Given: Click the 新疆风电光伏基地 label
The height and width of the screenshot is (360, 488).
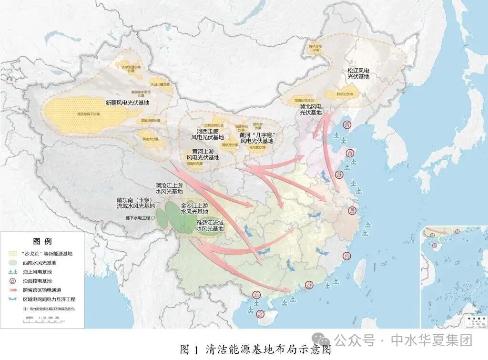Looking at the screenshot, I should point(127,103).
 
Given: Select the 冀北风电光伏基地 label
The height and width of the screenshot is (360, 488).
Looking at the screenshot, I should point(310,109).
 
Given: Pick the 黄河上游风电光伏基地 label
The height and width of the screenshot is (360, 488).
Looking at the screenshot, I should point(203,154).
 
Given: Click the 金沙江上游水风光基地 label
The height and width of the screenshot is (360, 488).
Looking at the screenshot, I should point(194,208).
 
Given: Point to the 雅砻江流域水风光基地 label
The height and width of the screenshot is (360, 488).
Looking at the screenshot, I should point(210,226).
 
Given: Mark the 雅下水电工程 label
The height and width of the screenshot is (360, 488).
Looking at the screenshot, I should point(137,217).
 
